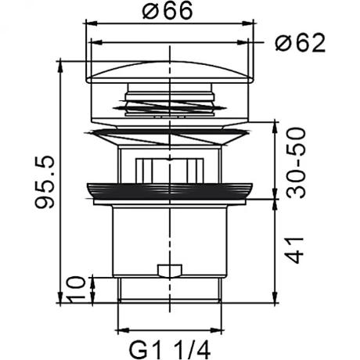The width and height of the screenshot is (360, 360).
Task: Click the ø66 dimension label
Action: click(x=167, y=10)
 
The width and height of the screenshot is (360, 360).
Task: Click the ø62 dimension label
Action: click(x=301, y=42)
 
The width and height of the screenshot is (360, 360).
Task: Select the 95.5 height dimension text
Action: click(x=45, y=182)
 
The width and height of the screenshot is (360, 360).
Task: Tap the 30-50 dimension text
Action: click(x=296, y=163)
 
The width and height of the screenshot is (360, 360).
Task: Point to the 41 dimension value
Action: click(x=295, y=250)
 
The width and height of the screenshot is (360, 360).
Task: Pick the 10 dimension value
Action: click(x=75, y=288)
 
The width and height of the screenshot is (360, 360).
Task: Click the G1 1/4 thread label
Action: click(x=170, y=351)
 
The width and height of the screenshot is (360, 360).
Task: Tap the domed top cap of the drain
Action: click(x=170, y=72)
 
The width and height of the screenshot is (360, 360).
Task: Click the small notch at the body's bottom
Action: click(x=170, y=271)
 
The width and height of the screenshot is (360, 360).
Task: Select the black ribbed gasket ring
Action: click(x=170, y=192)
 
